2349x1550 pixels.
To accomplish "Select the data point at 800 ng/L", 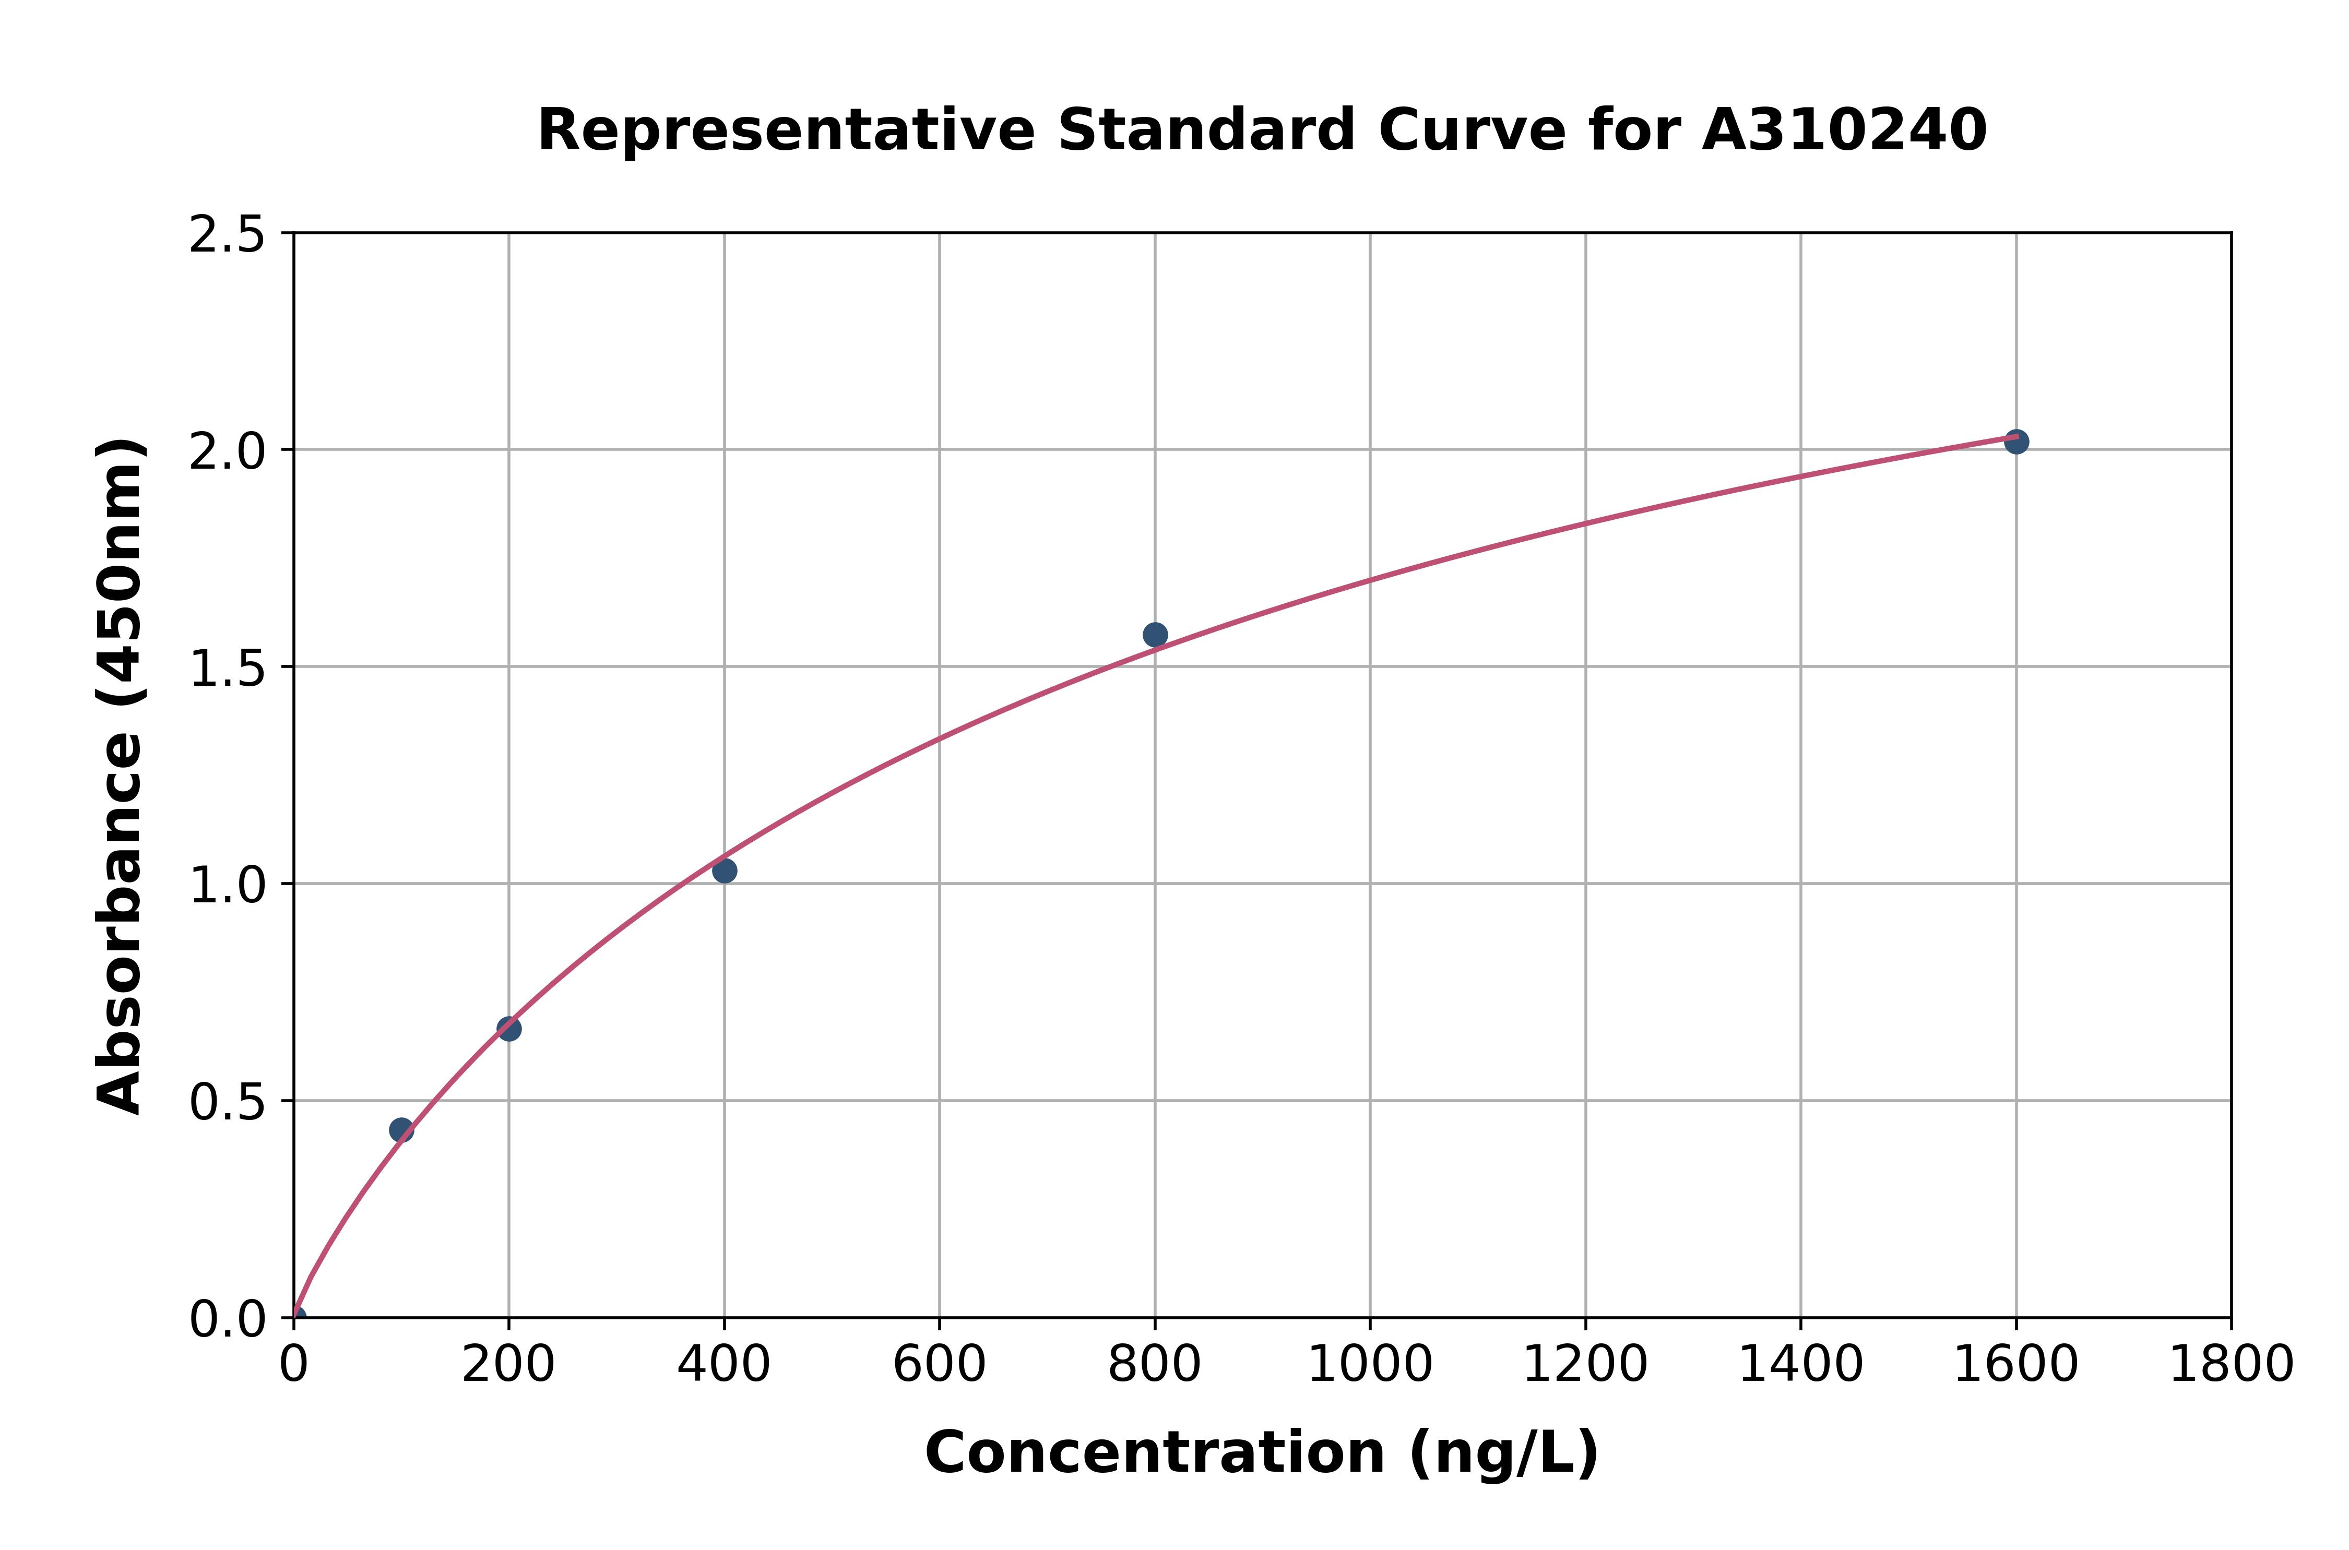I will (1155, 635).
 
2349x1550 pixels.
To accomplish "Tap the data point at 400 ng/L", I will (723, 871).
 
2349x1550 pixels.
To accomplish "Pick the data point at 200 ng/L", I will (508, 1029).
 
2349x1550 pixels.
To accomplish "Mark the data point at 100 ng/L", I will (400, 1130).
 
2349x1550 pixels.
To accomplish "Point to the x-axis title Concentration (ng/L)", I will (1262, 1453).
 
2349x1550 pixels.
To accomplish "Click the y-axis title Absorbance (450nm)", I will (121, 776).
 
